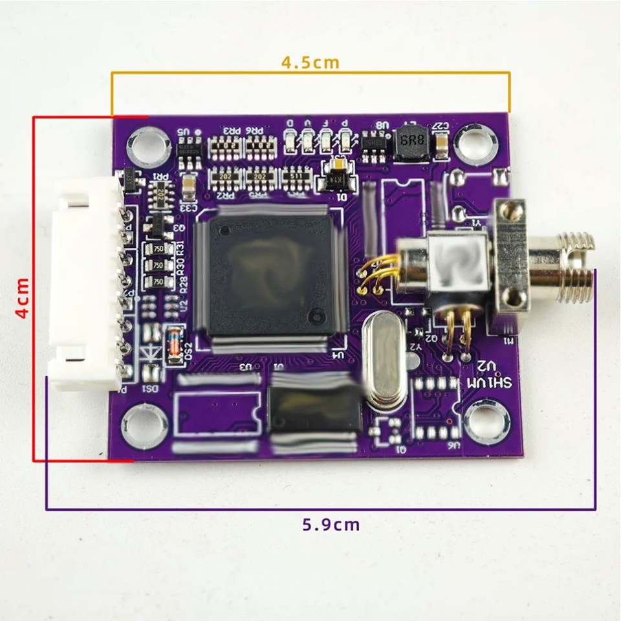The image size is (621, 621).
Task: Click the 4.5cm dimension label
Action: pos(310,63)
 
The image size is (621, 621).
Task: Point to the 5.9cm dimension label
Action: pos(331,524)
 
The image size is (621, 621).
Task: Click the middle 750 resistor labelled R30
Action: pos(158,265)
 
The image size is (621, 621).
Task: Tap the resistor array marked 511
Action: pos(297,176)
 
